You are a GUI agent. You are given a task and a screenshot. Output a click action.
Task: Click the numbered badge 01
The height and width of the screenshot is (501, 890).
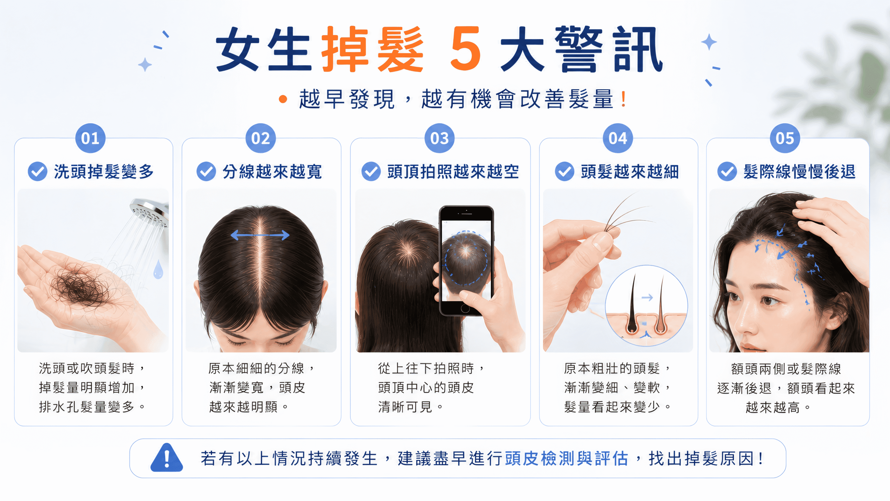pos(90,138)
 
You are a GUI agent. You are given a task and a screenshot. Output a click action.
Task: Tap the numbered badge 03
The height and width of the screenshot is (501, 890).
pos(439,138)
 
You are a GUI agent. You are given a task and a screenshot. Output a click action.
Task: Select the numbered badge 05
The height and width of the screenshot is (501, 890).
pos(785,138)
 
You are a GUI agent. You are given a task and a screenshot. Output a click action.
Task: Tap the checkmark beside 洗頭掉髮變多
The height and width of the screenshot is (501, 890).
pos(38,171)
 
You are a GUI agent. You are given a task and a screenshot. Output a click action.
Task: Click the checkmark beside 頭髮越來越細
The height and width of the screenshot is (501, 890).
pos(565,171)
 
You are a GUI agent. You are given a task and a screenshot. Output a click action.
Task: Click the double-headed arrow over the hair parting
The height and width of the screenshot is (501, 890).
pos(260,235)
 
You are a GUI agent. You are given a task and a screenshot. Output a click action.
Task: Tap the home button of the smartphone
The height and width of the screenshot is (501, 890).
pos(465,308)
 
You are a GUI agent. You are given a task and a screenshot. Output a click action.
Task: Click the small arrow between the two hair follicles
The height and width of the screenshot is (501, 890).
pos(647,298)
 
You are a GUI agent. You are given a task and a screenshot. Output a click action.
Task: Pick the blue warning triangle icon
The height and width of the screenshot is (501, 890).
pos(167,458)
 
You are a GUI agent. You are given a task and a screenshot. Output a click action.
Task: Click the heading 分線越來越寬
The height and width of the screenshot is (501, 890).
pos(273,171)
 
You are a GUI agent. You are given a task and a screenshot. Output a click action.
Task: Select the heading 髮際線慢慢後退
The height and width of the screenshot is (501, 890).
pos(799,171)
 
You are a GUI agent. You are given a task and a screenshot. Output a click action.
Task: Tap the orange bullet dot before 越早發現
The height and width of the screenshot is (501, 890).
pos(283,99)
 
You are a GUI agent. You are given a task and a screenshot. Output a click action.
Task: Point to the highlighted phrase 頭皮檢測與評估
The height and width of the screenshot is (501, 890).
pos(567,458)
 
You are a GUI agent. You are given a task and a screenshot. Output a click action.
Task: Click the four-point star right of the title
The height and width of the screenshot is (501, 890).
pos(709,42)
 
